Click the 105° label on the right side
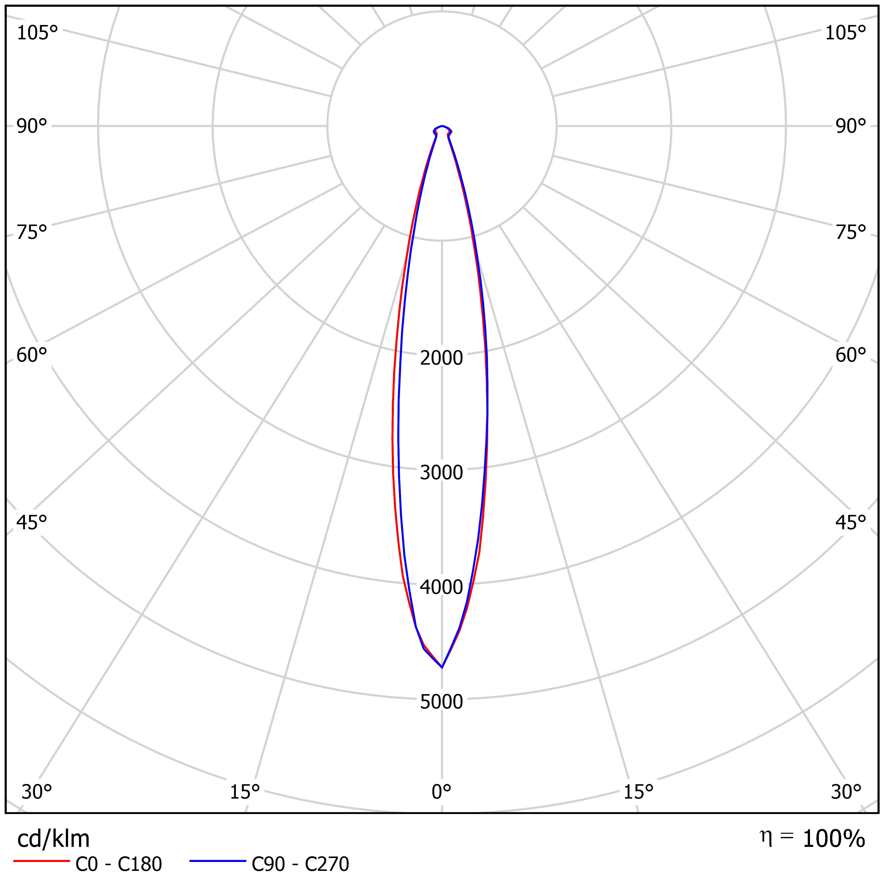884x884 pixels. click(x=846, y=33)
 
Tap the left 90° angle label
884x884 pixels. click(x=32, y=126)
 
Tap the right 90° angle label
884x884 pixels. click(x=851, y=126)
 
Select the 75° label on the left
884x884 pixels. click(x=32, y=232)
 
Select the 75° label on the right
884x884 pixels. click(x=851, y=232)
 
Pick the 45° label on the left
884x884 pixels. click(x=32, y=522)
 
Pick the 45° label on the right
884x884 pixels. click(x=851, y=522)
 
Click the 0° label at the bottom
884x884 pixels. click(x=442, y=792)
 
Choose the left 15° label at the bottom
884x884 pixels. click(x=245, y=792)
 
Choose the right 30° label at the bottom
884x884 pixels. click(x=846, y=792)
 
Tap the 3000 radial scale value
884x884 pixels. click(x=442, y=473)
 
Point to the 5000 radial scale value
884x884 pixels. click(x=442, y=702)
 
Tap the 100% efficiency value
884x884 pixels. click(x=834, y=839)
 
